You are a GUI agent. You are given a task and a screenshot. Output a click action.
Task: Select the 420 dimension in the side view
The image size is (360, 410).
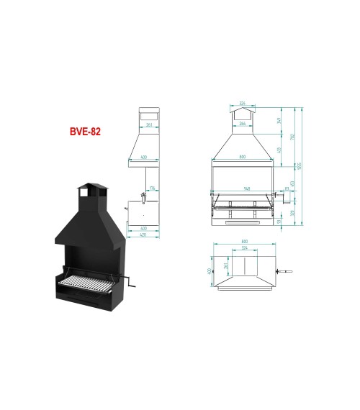point(143,234)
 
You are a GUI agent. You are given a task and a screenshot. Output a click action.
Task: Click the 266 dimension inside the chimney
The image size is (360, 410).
point(243,124)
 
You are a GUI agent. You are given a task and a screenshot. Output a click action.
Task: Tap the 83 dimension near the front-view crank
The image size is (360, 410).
point(286,189)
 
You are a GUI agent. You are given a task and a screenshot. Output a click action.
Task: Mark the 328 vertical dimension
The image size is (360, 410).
point(291,212)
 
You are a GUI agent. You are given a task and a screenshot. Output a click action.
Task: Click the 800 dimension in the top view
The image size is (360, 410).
point(244,241)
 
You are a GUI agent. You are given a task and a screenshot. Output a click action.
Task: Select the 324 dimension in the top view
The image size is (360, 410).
point(244,248)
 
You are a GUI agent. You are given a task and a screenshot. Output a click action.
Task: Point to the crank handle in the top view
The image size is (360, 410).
point(285,271)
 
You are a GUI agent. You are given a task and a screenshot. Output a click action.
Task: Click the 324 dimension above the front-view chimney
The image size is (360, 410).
point(242,102)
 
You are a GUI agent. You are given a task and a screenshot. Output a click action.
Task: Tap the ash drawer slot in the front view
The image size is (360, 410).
point(243,222)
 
